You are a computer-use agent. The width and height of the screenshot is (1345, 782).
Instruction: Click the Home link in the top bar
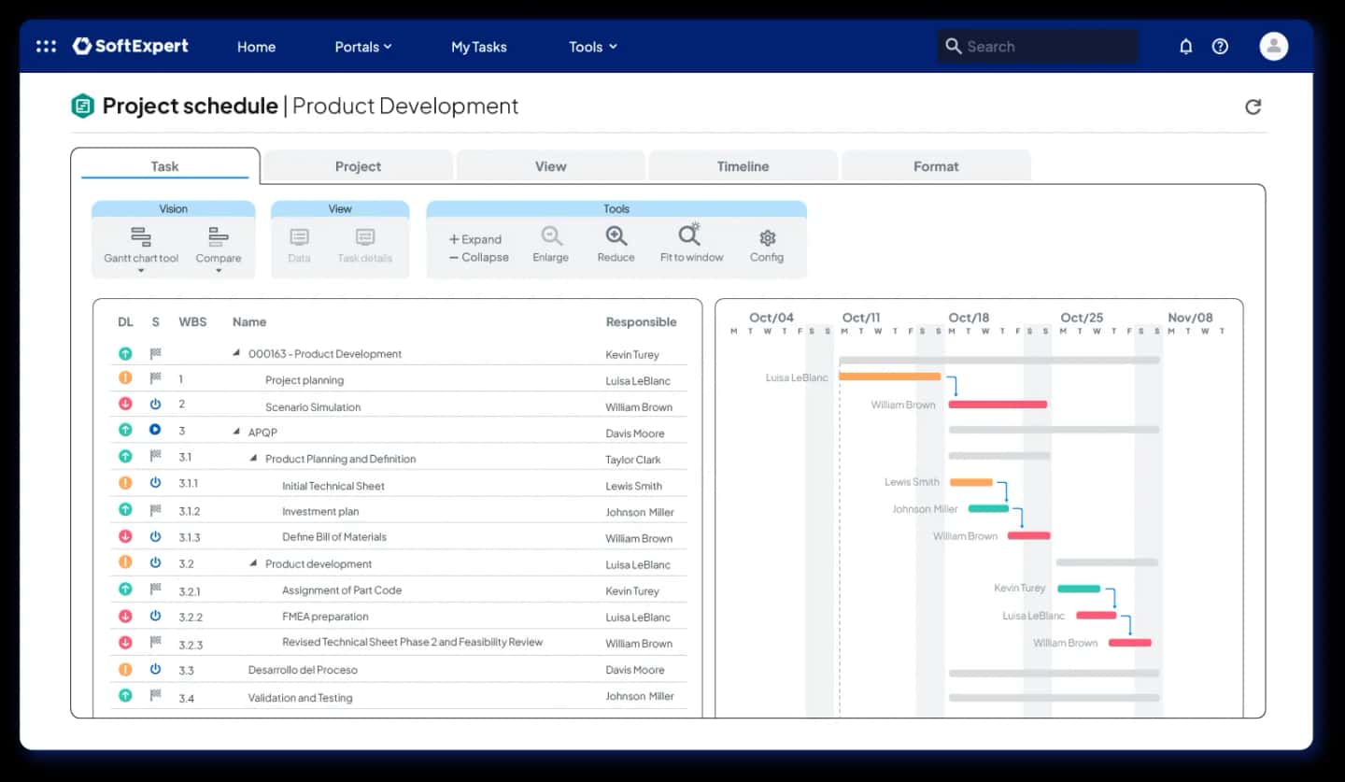pyautogui.click(x=256, y=47)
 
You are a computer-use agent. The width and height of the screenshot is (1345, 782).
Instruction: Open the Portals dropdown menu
pyautogui.click(x=363, y=47)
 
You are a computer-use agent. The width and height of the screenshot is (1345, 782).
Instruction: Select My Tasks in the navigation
pyautogui.click(x=478, y=47)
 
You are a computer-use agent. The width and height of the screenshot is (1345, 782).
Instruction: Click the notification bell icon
pyautogui.click(x=1186, y=47)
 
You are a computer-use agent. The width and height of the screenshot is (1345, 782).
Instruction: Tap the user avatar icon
pyautogui.click(x=1274, y=47)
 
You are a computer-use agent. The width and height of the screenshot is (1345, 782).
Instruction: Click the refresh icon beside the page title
pyautogui.click(x=1253, y=107)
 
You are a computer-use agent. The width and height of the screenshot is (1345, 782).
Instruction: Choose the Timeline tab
pyautogui.click(x=743, y=166)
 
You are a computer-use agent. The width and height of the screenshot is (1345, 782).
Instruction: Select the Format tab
pyautogui.click(x=936, y=166)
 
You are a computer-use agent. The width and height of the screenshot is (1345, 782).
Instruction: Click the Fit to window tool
pyautogui.click(x=691, y=244)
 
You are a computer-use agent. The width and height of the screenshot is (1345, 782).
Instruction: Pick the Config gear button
pyautogui.click(x=767, y=246)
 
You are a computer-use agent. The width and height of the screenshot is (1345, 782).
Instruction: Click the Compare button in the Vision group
pyautogui.click(x=218, y=247)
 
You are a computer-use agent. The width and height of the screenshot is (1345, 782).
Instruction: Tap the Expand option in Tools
pyautogui.click(x=474, y=239)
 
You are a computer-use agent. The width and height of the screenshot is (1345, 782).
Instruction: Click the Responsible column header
pyautogui.click(x=641, y=322)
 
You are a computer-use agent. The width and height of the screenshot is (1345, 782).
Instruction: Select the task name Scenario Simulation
pyautogui.click(x=313, y=407)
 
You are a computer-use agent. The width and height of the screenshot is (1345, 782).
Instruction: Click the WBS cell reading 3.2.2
pyautogui.click(x=191, y=618)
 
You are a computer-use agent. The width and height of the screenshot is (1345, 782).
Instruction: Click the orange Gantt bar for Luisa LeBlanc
pyautogui.click(x=889, y=377)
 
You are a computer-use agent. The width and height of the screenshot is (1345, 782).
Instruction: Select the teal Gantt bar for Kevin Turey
pyautogui.click(x=1079, y=589)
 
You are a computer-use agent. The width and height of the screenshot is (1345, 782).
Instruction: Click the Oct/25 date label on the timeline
pyautogui.click(x=1082, y=318)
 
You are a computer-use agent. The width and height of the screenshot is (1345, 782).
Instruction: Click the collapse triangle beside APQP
pyautogui.click(x=236, y=432)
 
